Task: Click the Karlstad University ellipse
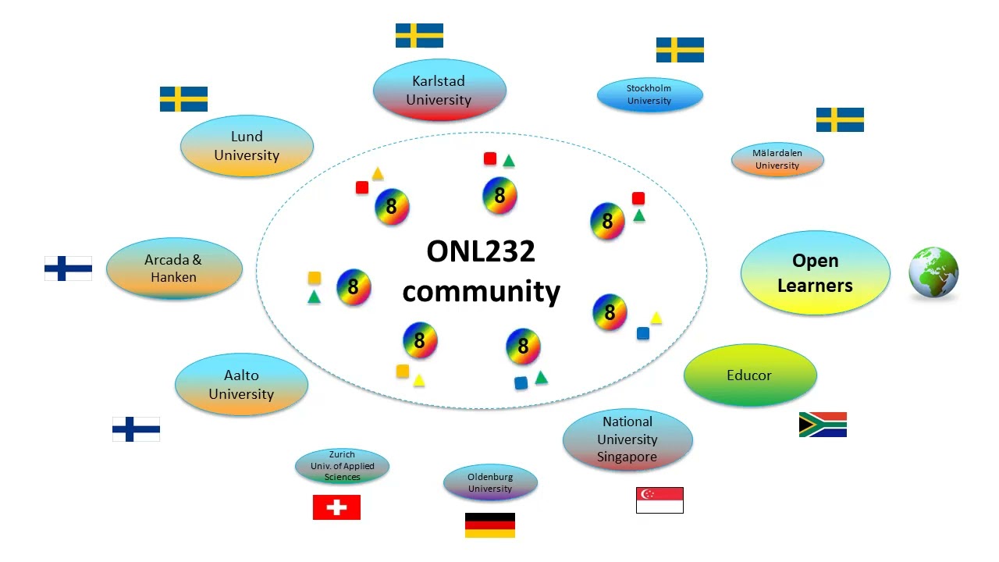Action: point(439,90)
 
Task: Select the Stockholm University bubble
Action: point(650,94)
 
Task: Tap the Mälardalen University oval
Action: point(777,159)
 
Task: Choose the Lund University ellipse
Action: point(247,146)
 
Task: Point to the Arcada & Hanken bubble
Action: point(174,268)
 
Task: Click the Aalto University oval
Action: point(241,385)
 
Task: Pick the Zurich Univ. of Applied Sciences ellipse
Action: point(342,466)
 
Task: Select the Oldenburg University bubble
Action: point(490,482)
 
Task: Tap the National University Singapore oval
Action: point(627,439)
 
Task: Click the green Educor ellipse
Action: point(750,375)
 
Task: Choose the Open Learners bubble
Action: point(816,272)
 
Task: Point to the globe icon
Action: point(933,272)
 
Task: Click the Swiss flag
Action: point(336,507)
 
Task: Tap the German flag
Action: point(489,525)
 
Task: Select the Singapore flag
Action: point(659,500)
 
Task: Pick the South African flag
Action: point(823,425)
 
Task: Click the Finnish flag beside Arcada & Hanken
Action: point(68,268)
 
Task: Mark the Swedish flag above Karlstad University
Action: point(419,35)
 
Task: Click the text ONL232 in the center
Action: point(481,251)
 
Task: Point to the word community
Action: point(482,292)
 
